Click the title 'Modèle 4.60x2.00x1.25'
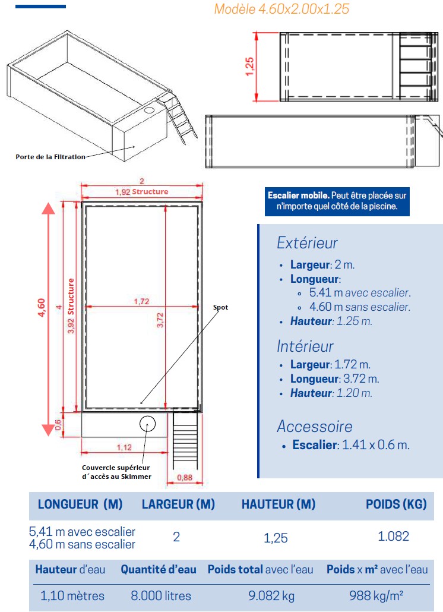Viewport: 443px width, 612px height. [x=281, y=9]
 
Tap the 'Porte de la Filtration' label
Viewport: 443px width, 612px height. [x=50, y=157]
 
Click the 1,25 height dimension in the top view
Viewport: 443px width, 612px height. [x=249, y=66]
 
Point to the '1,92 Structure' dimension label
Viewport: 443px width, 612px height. [x=141, y=192]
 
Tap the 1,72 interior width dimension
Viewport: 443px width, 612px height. [x=141, y=302]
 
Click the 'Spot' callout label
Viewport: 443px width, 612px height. [x=220, y=308]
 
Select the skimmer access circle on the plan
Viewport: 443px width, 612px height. [x=147, y=424]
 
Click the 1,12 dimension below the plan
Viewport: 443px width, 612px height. [x=124, y=447]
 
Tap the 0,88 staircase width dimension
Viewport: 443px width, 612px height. [x=187, y=477]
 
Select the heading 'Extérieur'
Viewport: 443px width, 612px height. [x=307, y=243]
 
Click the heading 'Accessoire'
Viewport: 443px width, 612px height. [x=314, y=426]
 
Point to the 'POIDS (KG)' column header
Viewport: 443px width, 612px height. [x=396, y=504]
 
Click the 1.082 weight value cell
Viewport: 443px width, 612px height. [x=393, y=537]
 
